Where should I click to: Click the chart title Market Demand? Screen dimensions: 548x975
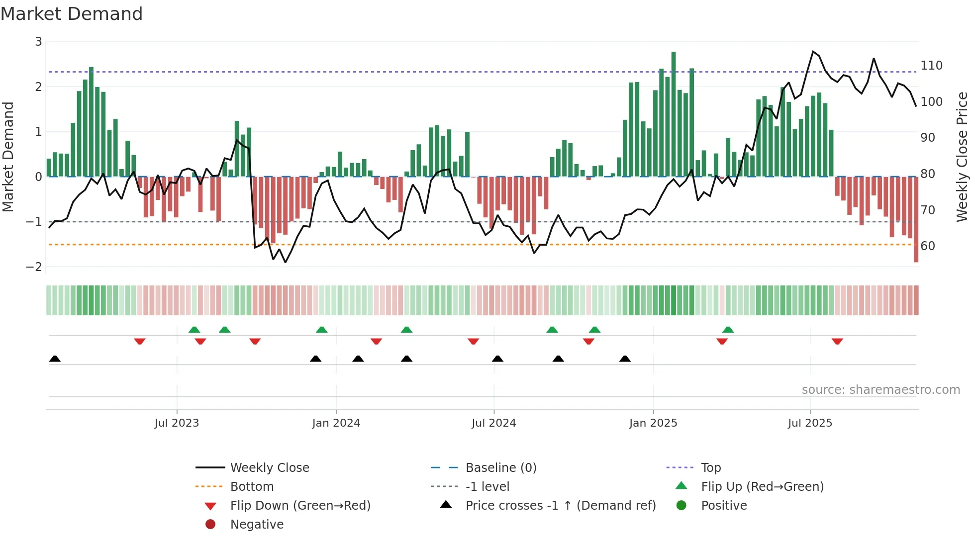[72, 14]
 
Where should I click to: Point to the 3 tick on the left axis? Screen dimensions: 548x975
[38, 42]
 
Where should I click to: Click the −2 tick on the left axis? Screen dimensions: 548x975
[34, 267]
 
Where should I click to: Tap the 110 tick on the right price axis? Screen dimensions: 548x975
[931, 66]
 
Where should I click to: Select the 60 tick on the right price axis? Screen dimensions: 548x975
[928, 246]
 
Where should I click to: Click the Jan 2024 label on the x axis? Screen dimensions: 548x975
[336, 423]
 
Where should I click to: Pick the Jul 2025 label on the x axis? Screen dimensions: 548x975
[809, 423]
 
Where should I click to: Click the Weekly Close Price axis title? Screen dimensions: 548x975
[962, 157]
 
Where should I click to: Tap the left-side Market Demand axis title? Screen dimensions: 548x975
[8, 157]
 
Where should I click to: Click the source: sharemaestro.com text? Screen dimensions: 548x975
[880, 390]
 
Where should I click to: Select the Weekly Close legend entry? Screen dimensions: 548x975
[269, 468]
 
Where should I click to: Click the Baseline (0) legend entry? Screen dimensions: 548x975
[500, 468]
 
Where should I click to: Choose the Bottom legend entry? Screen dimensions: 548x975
[252, 487]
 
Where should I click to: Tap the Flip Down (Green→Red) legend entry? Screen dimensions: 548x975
[300, 506]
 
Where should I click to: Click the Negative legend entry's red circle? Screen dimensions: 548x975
[210, 525]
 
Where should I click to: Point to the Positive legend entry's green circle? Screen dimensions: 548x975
[682, 506]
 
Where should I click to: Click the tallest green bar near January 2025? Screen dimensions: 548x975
[674, 114]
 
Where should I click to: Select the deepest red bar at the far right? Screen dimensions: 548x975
[916, 219]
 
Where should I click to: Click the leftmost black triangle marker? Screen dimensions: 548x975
[55, 359]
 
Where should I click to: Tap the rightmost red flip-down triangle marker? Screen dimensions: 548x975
[837, 341]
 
